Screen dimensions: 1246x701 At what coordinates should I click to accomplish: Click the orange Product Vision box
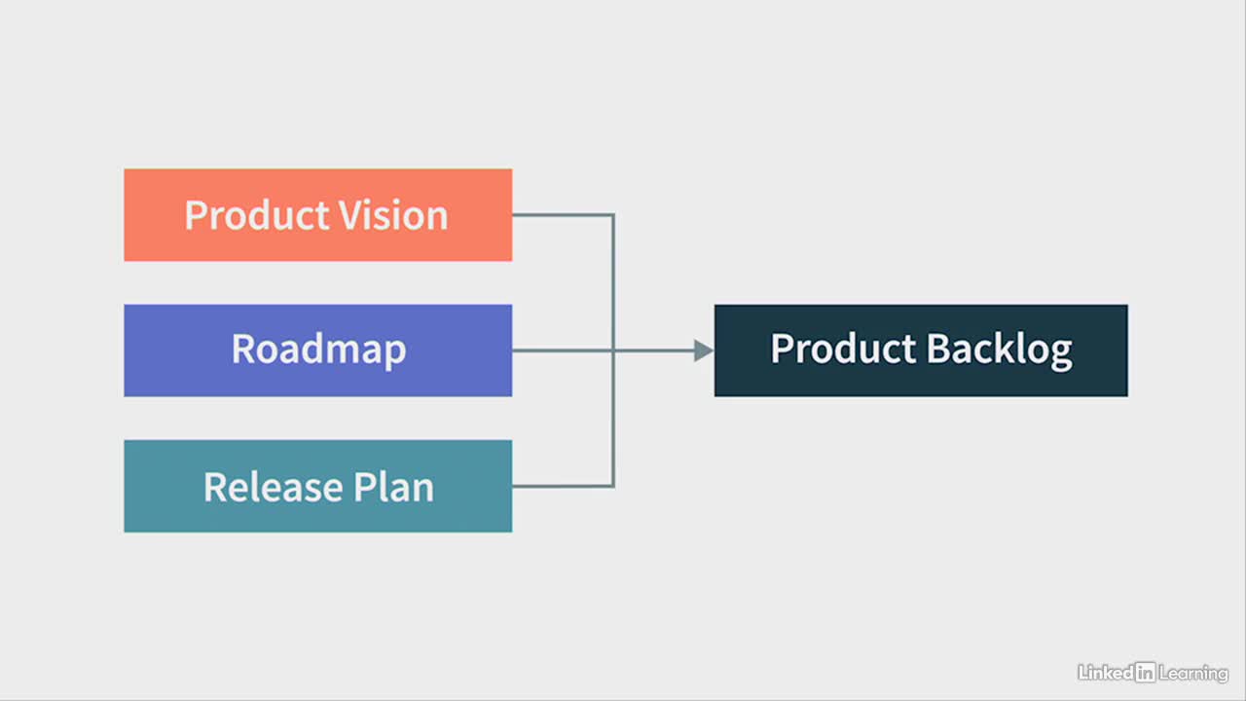[318, 215]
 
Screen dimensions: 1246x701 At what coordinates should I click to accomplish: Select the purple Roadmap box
[318, 350]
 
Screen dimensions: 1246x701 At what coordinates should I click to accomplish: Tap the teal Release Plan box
[318, 486]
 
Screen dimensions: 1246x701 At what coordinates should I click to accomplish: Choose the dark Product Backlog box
[921, 350]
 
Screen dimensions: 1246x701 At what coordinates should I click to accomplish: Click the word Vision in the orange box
[393, 215]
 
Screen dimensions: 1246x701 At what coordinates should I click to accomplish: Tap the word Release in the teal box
[274, 487]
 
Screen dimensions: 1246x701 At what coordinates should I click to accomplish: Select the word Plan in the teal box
[393, 487]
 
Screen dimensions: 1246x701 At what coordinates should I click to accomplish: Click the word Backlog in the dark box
[999, 350]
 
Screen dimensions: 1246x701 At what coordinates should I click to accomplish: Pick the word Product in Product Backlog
[843, 349]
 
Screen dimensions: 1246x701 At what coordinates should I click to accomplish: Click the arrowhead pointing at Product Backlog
[704, 350]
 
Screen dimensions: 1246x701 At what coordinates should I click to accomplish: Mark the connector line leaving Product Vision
[563, 215]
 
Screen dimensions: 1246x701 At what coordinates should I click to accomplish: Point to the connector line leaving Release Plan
[563, 486]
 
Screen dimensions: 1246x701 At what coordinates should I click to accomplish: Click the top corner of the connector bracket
[613, 215]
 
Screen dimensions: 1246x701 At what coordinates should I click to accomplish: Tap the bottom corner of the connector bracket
[613, 486]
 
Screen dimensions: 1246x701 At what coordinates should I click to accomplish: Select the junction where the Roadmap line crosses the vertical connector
[613, 350]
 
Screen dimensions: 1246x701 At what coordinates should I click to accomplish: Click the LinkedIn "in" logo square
[1146, 672]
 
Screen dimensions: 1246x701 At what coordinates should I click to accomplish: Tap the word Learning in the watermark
[1193, 674]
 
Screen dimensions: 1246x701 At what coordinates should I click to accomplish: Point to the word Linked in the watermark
[1106, 673]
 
